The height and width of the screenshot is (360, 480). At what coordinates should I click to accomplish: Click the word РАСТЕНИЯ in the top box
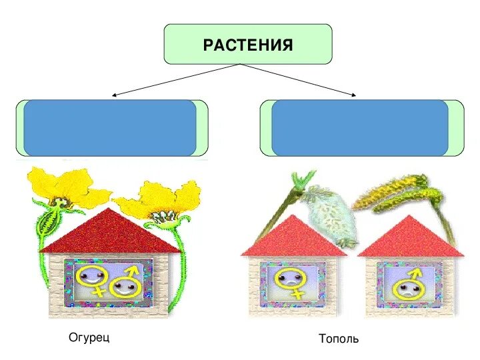point(248,45)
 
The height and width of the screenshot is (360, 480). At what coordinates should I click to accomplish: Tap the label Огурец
point(89,337)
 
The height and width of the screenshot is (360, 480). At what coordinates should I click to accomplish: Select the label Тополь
point(339,339)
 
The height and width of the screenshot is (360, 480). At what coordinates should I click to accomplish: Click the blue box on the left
point(110,128)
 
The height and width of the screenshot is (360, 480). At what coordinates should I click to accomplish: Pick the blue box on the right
point(359,128)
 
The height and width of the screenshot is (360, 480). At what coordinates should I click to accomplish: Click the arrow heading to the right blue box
point(300,81)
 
